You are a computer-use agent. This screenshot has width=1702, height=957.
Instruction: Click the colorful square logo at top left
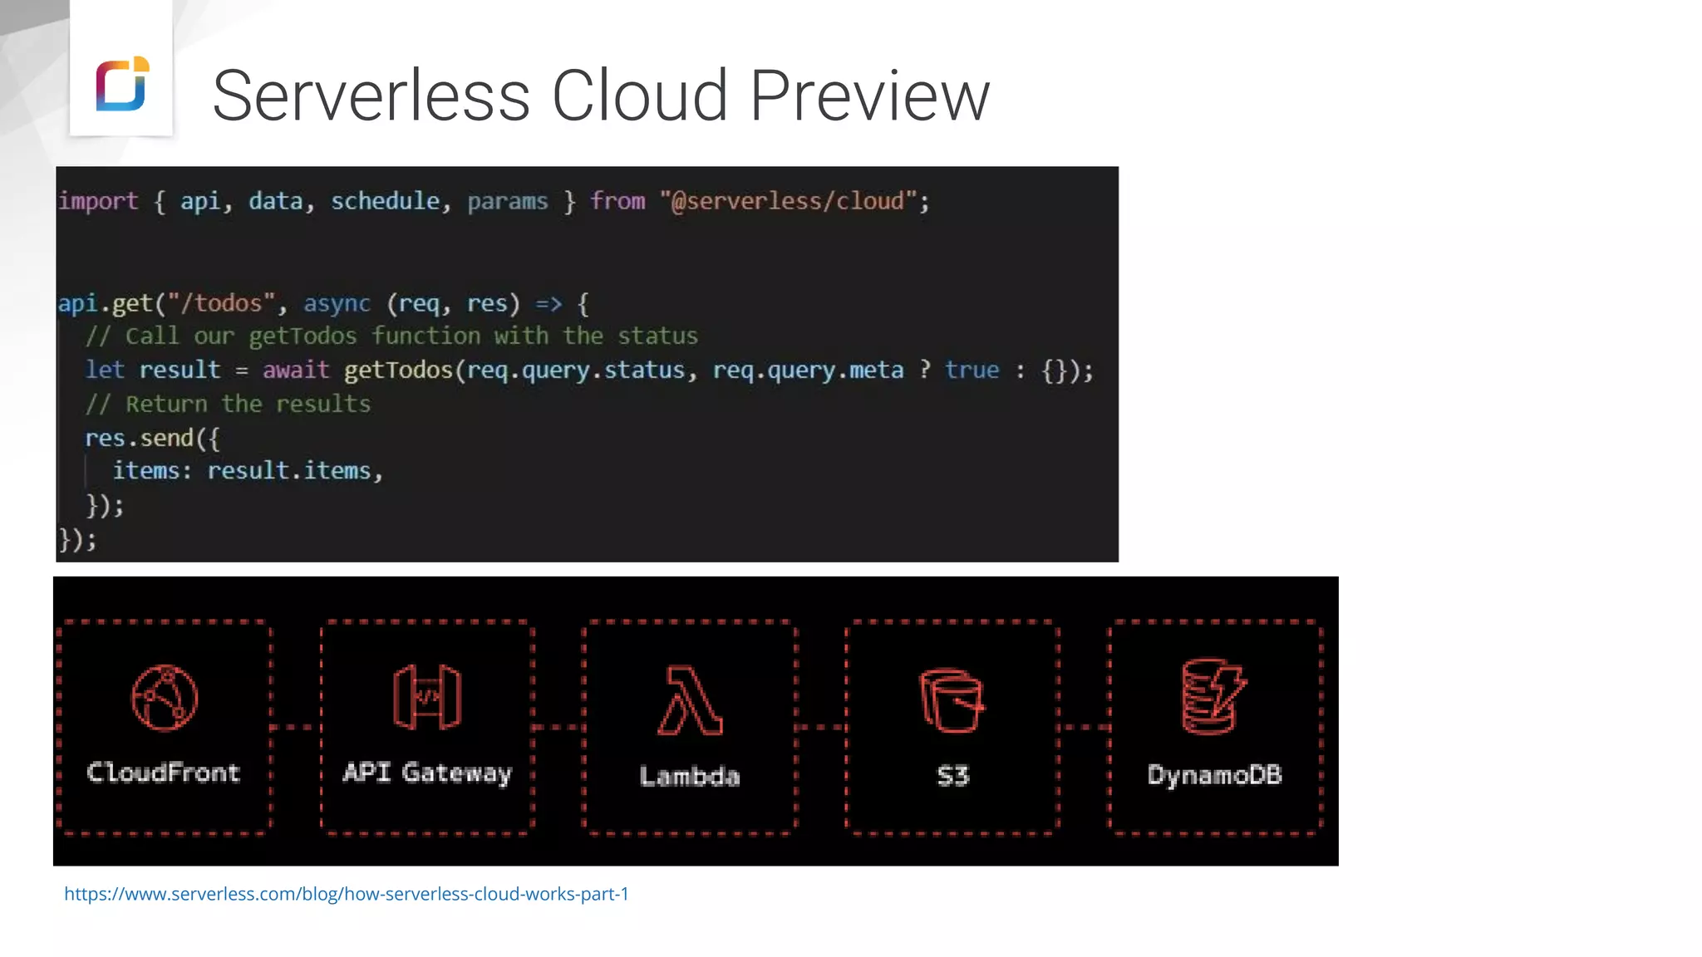tap(122, 83)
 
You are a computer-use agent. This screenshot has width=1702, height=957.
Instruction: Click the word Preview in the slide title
tap(869, 96)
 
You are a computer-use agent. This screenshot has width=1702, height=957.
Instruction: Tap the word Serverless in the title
tap(371, 96)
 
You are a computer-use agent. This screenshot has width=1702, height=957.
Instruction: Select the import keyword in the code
tap(98, 201)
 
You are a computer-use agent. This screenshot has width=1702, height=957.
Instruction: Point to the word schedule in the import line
tap(385, 201)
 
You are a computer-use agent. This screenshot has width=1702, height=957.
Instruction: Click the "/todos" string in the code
tap(222, 303)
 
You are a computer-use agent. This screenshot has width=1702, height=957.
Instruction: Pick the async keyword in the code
tap(337, 303)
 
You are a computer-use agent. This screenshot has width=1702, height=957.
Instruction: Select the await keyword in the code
tap(296, 370)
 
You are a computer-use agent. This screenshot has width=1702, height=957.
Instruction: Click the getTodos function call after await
tap(398, 370)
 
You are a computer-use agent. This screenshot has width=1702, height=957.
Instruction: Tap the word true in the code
tap(972, 370)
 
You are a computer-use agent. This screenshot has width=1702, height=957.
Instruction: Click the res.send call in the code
tap(140, 438)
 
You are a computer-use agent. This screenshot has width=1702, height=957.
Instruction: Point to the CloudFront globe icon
tap(165, 698)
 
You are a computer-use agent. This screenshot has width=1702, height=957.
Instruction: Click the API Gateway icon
tap(427, 697)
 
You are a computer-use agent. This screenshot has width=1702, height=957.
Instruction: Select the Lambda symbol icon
tap(690, 700)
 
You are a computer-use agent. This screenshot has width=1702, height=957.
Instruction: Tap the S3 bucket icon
tap(952, 700)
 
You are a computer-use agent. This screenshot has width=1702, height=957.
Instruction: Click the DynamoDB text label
tap(1214, 775)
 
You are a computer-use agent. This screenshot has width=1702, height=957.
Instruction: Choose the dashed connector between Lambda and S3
tap(821, 727)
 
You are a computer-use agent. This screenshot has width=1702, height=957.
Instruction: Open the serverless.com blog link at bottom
tap(347, 894)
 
